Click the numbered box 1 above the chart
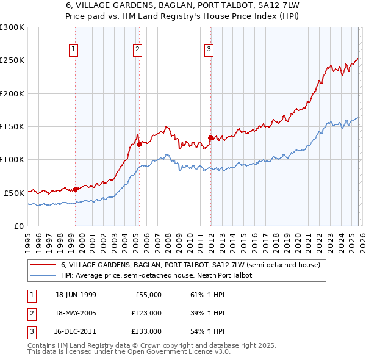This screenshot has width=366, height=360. [x=73, y=49]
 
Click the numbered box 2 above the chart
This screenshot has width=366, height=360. [x=138, y=49]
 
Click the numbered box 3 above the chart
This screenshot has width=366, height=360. [x=209, y=49]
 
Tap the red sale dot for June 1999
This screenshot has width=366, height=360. [x=76, y=189]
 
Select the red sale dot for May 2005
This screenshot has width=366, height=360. [x=139, y=144]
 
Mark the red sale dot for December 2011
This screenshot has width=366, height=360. [x=210, y=137]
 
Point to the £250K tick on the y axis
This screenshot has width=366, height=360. [x=12, y=60]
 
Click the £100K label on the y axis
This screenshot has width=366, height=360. [x=12, y=159]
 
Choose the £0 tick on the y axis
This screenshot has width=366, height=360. [x=18, y=226]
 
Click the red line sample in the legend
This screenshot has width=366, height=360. [x=43, y=265]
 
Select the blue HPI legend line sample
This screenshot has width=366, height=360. [x=43, y=275]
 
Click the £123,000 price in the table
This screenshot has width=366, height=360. [x=146, y=313]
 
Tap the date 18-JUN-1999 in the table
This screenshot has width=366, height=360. [x=76, y=295]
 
